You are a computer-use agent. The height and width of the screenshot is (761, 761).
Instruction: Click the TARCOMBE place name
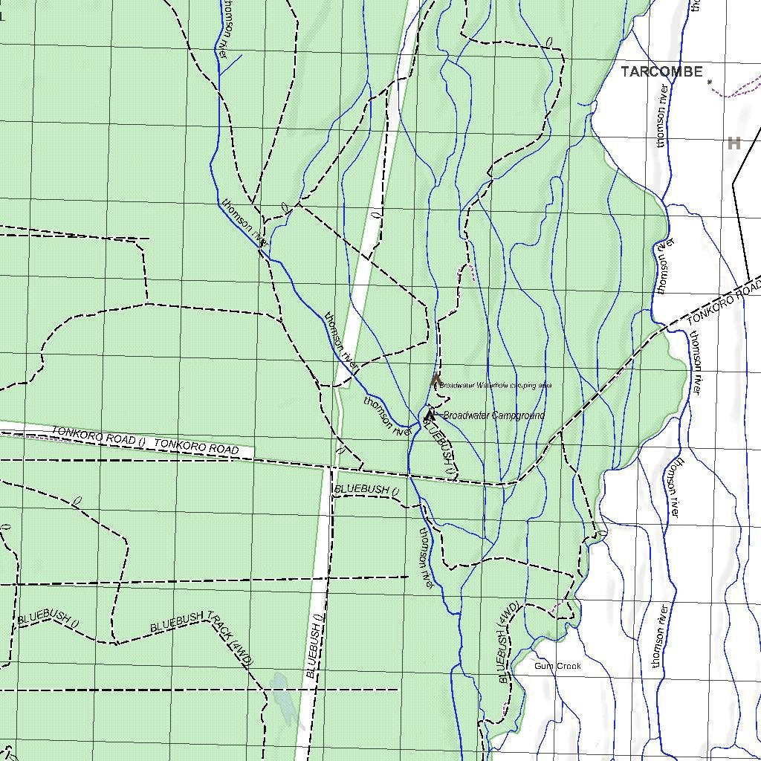(x=661, y=72)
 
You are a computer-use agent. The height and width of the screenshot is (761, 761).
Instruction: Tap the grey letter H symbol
(x=734, y=143)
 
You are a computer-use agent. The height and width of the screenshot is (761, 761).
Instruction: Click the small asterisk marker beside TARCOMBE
(x=710, y=82)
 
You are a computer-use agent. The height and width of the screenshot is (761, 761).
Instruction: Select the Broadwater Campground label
(x=493, y=415)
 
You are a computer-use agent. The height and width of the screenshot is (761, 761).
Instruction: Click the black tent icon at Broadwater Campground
(x=430, y=416)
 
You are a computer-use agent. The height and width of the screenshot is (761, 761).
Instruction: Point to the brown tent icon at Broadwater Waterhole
(x=436, y=381)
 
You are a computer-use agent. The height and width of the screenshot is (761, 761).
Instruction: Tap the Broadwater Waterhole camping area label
(x=495, y=386)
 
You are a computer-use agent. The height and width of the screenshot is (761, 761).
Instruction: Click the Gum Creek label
(x=557, y=667)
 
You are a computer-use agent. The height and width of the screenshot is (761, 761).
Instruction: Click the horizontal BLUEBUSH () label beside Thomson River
(x=367, y=490)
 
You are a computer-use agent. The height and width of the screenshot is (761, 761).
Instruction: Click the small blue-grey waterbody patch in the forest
(x=283, y=697)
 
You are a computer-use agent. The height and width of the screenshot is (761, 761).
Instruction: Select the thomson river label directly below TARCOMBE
(x=664, y=116)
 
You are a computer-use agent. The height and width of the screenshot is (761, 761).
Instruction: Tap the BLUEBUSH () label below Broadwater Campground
(x=439, y=444)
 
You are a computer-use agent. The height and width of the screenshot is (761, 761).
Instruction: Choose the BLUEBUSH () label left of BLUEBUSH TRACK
(x=48, y=618)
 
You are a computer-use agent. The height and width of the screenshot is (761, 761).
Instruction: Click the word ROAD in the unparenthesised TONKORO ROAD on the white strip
(x=222, y=450)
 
